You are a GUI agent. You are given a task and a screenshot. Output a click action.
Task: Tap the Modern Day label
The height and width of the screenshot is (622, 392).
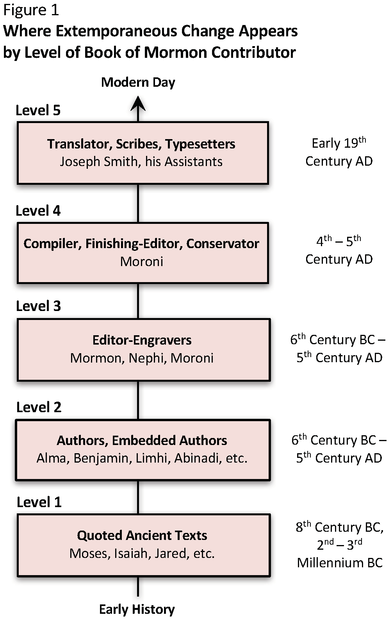point(138,82)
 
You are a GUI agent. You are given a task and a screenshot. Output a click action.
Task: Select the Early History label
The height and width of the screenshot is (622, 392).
point(137,609)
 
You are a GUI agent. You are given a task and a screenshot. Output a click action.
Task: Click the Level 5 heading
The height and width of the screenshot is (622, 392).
point(38,110)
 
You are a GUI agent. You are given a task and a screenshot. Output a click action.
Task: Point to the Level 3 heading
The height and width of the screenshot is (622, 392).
point(38,306)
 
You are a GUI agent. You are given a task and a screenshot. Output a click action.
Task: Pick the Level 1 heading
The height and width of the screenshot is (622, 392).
point(39,502)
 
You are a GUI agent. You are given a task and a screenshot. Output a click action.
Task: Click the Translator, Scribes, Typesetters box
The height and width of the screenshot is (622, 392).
point(143,153)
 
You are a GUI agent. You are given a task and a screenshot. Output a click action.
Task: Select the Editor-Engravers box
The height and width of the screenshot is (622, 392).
point(144,350)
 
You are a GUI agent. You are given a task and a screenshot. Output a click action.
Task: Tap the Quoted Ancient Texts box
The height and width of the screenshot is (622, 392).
point(144,545)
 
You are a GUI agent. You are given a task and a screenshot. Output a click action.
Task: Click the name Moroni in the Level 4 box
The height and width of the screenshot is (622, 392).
point(141,261)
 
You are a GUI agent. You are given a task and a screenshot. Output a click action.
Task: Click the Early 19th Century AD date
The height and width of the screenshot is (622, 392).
point(339,152)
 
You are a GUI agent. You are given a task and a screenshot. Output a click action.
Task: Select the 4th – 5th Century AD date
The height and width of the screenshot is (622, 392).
point(339,250)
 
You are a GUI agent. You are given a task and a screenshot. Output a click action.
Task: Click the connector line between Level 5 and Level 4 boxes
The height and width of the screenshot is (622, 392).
point(138,203)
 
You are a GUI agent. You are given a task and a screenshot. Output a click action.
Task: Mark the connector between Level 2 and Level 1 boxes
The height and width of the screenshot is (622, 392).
point(138,497)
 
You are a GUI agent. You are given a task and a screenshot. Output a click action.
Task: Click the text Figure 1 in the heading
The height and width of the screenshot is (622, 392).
point(31,10)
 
